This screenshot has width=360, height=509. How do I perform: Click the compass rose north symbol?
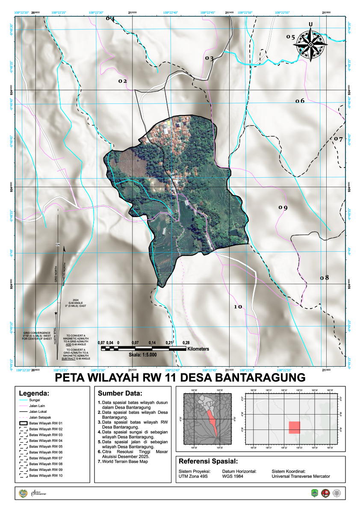click(x=311, y=43)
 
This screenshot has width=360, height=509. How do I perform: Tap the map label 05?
click(x=291, y=37)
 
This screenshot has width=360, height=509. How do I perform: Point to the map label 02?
click(x=123, y=81)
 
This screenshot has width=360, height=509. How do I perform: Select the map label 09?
click(x=283, y=208)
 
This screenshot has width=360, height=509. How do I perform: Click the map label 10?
click(x=238, y=307)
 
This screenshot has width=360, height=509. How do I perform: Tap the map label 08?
click(x=325, y=278)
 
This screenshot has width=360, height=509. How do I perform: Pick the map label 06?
click(x=300, y=101)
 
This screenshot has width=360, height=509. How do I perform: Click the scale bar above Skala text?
click(x=143, y=349)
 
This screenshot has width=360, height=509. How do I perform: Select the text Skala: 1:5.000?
click(x=143, y=355)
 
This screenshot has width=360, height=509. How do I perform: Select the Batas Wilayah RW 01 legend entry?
click(x=46, y=423)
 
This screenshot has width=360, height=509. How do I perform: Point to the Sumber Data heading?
click(x=120, y=393)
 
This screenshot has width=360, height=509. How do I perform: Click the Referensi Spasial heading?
click(x=208, y=462)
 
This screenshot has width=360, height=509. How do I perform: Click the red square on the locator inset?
click(x=295, y=427)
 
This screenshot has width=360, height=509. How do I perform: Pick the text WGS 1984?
click(x=233, y=476)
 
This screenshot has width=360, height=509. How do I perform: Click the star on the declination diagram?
click(x=56, y=313)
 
